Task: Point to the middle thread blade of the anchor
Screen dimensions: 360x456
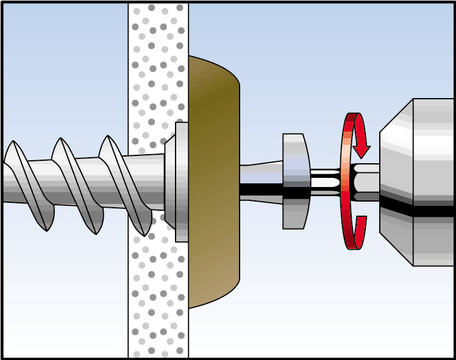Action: click(76, 183)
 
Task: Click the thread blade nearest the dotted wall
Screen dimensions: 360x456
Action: click(125, 183)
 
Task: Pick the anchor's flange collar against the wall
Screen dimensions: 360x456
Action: click(177, 181)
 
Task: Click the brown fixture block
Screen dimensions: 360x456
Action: click(213, 244)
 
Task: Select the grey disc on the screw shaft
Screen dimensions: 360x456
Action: click(296, 181)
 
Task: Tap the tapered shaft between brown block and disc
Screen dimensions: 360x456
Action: click(261, 181)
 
